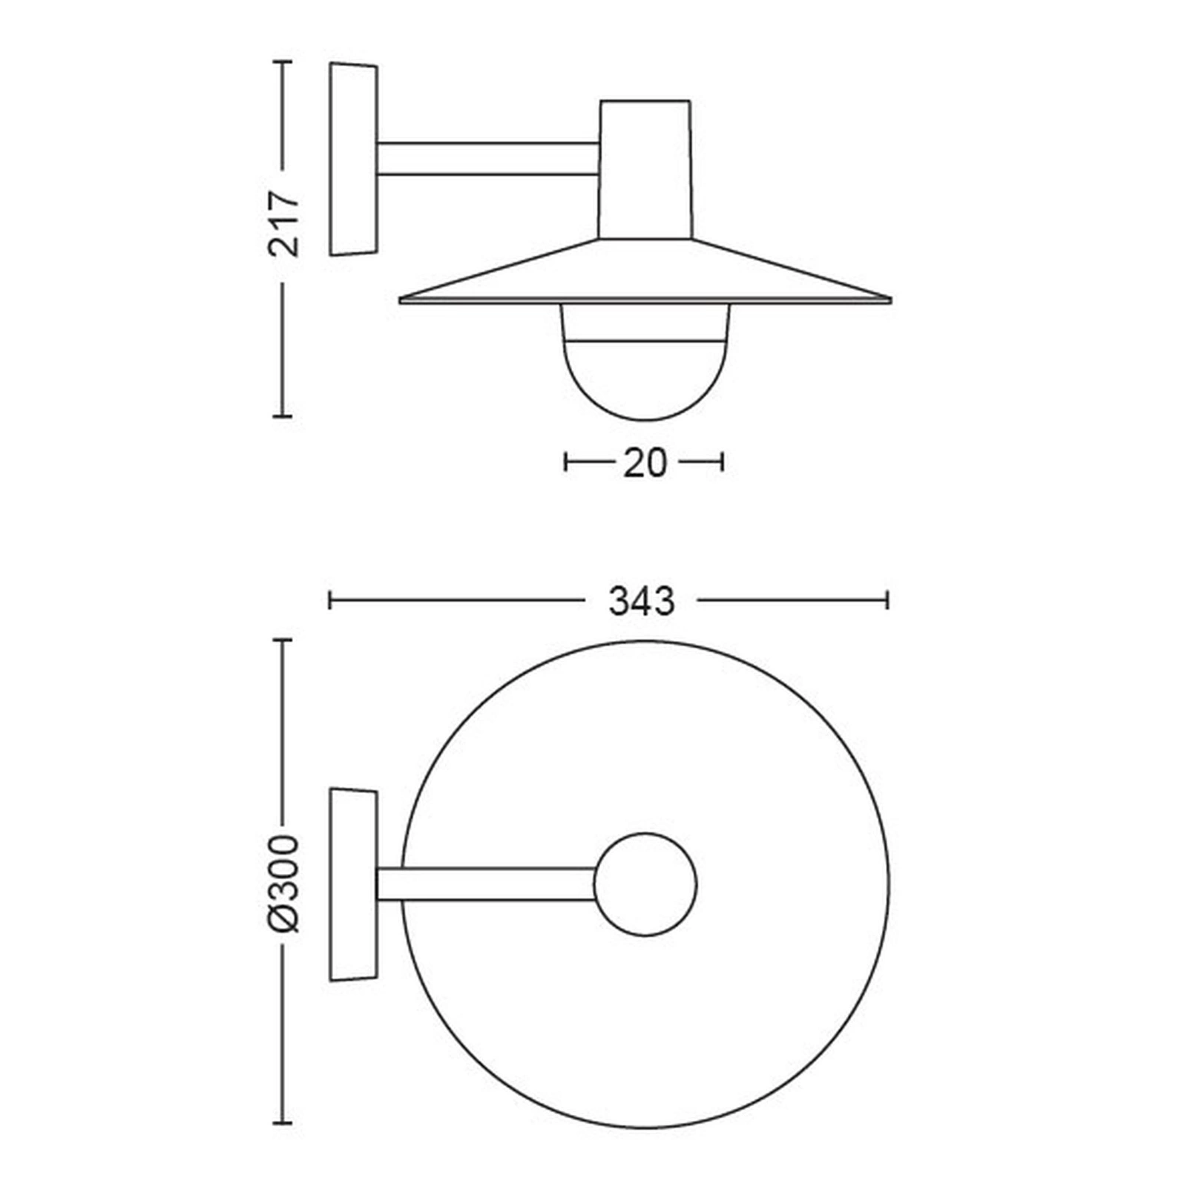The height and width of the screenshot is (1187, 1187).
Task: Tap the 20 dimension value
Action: [645, 464]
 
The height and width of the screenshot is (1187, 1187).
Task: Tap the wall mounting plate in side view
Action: [354, 160]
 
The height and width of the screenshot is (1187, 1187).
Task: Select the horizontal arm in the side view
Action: [488, 159]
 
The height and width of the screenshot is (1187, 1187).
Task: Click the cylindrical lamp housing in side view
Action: [645, 170]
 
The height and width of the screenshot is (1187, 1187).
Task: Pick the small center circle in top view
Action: [645, 884]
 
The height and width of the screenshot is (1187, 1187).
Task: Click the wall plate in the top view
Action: [354, 885]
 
